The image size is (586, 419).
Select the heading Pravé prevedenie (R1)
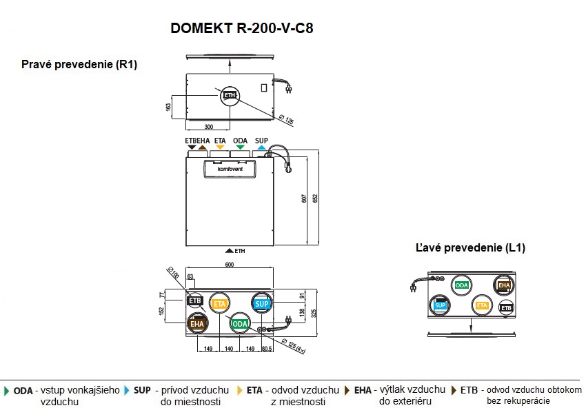(80, 65)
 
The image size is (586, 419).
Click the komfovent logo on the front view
(230, 167)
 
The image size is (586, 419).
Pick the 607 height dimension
(304, 199)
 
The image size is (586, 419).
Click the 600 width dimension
(230, 265)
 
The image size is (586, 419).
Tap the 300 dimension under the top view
(208, 127)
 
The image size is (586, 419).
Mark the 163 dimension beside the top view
(168, 107)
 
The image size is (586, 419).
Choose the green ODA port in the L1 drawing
(462, 285)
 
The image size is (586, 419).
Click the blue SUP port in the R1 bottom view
(261, 304)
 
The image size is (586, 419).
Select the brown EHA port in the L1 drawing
(504, 285)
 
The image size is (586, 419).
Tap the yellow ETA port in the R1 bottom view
(219, 304)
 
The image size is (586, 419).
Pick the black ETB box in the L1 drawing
(506, 308)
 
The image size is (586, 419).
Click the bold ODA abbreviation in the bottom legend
(23, 390)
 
